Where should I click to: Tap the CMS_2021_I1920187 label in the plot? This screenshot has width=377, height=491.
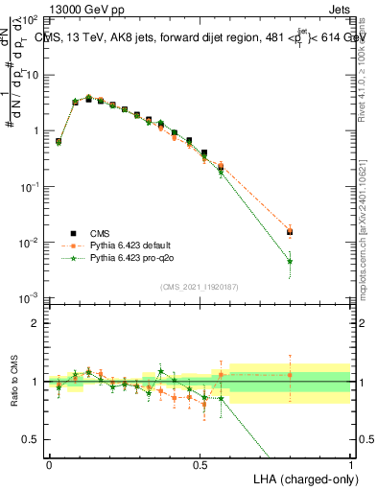pos(200,287)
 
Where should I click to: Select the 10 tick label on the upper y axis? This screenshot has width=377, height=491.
pos(32,74)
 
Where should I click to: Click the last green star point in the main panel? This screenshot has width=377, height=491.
pos(291,261)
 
